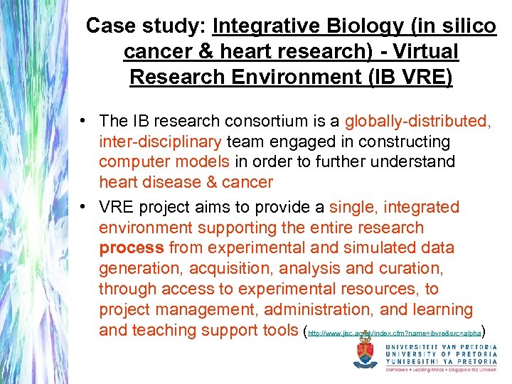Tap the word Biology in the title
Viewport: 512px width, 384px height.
356,27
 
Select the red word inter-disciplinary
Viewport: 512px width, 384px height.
162,142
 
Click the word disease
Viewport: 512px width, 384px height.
171,183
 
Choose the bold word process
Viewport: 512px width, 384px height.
132,248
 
